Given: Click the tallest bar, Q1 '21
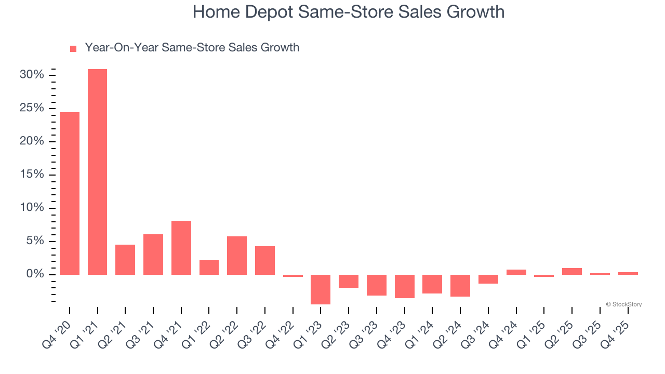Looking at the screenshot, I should tap(97, 171).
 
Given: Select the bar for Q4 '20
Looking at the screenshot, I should tap(70, 193).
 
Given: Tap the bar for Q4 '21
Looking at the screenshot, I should tap(181, 247).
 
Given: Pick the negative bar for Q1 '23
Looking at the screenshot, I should tap(321, 289).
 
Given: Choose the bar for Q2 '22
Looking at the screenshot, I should tap(237, 255).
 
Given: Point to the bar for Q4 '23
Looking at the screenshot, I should tap(405, 286).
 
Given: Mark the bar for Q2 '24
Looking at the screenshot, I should tap(460, 285).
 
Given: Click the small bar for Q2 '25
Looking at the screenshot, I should tap(572, 271).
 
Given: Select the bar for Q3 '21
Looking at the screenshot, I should tap(153, 254).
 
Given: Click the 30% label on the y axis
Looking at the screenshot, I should tap(32, 75).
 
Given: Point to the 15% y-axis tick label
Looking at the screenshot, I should tap(32, 175).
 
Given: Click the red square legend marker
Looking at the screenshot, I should tap(73, 48).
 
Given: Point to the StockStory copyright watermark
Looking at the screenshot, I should tap(623, 304).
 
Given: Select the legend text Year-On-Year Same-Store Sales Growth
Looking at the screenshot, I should tap(192, 48).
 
